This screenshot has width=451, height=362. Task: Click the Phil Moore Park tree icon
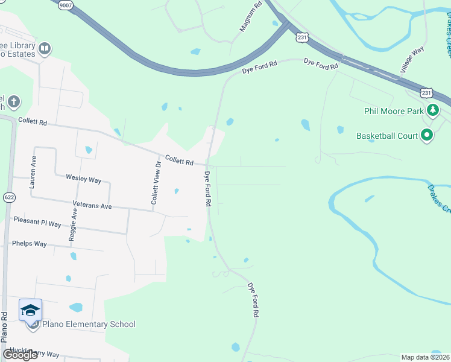(x=432, y=110)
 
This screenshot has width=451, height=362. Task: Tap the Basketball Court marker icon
(x=427, y=135)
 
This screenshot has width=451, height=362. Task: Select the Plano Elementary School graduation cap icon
(x=31, y=310)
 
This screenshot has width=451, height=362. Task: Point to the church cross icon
(x=14, y=101)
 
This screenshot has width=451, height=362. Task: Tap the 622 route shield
(x=8, y=197)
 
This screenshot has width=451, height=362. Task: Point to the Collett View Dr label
(x=156, y=182)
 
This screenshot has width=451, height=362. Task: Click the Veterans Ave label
(x=92, y=206)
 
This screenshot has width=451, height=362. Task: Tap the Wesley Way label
(x=83, y=180)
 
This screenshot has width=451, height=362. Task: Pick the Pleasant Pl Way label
(x=37, y=223)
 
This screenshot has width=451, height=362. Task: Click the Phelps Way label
(x=29, y=244)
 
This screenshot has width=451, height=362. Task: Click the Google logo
(x=20, y=355)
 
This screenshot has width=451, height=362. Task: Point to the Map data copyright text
(x=425, y=357)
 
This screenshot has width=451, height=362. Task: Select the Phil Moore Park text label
(x=394, y=110)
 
